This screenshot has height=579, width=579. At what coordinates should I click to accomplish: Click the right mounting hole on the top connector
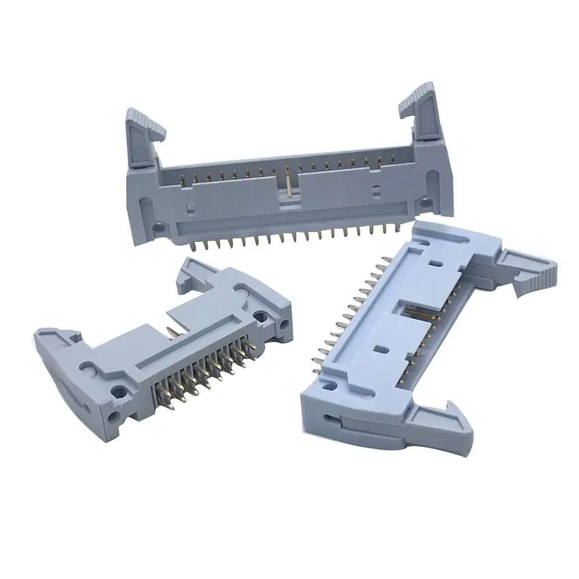(425, 202)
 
